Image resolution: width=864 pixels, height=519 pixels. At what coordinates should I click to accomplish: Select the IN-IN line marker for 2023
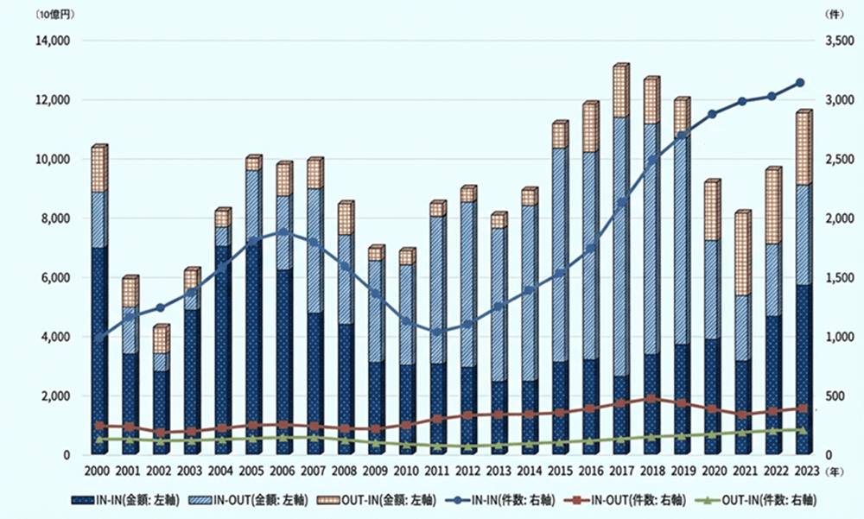tap(800, 83)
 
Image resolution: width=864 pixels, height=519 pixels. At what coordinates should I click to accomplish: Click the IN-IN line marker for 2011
tap(437, 332)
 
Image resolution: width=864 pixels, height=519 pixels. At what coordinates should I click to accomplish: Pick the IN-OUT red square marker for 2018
tap(651, 399)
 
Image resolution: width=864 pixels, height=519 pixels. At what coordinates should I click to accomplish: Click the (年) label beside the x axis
tap(835, 471)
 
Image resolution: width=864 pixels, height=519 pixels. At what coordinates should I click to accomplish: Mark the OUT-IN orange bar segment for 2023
tap(802, 148)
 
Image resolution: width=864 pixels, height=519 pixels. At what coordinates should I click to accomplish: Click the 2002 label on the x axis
tap(158, 470)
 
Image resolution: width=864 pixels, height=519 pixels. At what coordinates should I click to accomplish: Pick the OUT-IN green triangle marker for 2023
tap(800, 429)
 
